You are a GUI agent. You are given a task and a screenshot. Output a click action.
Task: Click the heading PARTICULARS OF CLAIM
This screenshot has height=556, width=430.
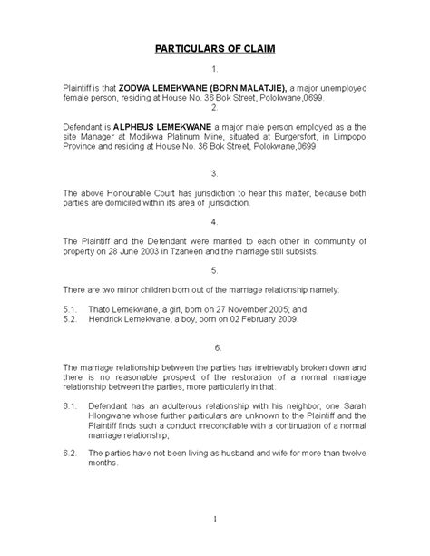[214, 47]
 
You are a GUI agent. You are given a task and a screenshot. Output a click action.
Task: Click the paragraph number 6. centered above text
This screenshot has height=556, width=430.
[214, 347]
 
